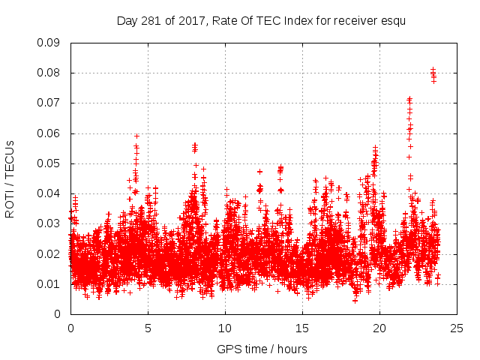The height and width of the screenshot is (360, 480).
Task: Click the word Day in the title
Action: pyautogui.click(x=127, y=20)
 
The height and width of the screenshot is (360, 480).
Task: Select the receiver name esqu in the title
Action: pyautogui.click(x=392, y=20)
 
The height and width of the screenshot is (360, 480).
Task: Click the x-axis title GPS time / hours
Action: pyautogui.click(x=262, y=349)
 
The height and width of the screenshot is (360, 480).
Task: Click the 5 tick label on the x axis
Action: pyautogui.click(x=148, y=328)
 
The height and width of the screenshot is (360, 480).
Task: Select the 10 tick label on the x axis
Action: pyautogui.click(x=225, y=328)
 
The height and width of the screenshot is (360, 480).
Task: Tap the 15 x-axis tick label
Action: pyautogui.click(x=302, y=328)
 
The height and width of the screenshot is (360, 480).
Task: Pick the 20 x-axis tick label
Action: pyautogui.click(x=379, y=328)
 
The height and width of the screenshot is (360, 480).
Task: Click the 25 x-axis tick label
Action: pyautogui.click(x=457, y=328)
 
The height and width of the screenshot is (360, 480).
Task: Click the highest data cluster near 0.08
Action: pyautogui.click(x=433, y=75)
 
